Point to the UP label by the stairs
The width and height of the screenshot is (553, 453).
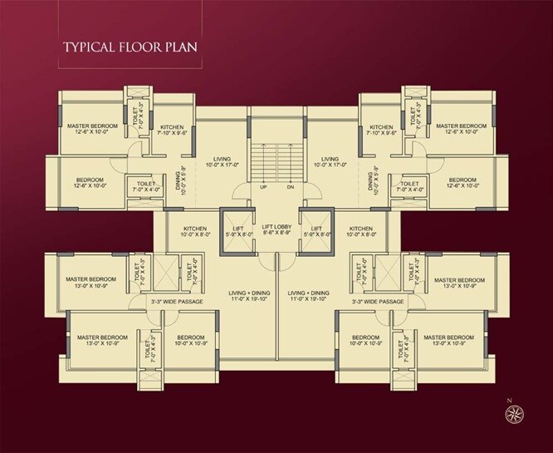pyautogui.click(x=262, y=186)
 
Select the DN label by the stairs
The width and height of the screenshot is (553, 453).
pyautogui.click(x=290, y=186)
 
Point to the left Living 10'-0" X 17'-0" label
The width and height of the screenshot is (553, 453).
pyautogui.click(x=221, y=162)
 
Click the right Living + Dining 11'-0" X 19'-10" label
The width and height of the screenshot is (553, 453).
pyautogui.click(x=309, y=297)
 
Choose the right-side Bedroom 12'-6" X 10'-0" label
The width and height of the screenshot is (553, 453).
pyautogui.click(x=462, y=185)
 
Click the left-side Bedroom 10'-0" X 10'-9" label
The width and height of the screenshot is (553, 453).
pyautogui.click(x=190, y=341)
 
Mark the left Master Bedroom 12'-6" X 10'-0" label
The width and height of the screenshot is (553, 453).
pyautogui.click(x=91, y=130)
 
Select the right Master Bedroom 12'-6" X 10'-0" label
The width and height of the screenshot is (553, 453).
pyautogui.click(x=460, y=130)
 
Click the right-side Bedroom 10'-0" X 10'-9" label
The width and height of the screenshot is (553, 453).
pyautogui.click(x=362, y=341)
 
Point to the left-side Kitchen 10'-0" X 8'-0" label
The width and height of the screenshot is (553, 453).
pyautogui.click(x=195, y=232)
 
